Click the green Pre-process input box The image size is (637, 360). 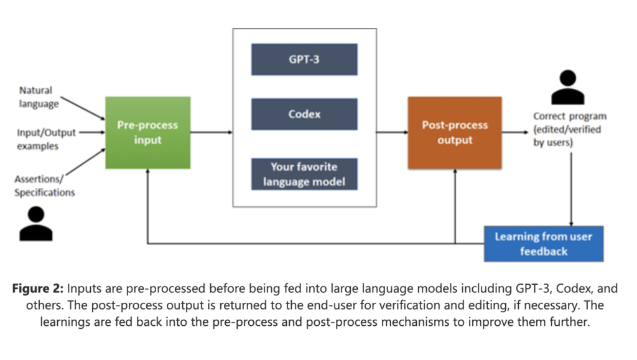[x=147, y=132]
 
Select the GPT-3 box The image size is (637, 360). [x=304, y=59]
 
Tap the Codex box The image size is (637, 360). [x=304, y=114]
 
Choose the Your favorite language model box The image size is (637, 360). [x=304, y=174]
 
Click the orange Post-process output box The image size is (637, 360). [x=455, y=132]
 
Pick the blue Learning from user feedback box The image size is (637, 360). [x=543, y=243]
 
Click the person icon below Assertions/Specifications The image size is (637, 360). [x=36, y=224]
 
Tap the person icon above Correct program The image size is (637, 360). [x=568, y=88]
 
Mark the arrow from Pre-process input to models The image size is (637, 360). [x=212, y=132]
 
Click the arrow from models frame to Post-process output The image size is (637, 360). [x=392, y=132]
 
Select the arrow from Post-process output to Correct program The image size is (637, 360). [x=516, y=132]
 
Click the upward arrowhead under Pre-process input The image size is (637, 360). [x=147, y=173]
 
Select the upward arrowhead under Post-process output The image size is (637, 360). [x=455, y=173]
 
